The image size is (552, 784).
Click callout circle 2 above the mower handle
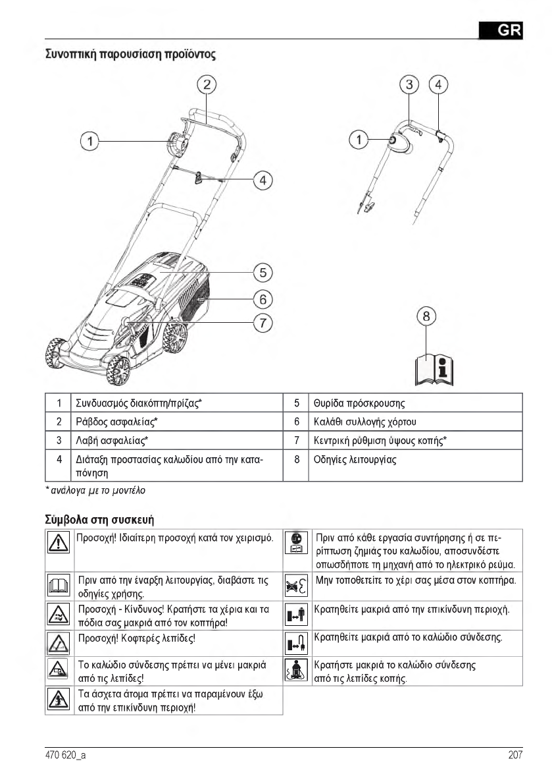tap(207, 84)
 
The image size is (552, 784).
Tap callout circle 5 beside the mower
tap(263, 271)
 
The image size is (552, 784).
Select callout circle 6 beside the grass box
tap(263, 298)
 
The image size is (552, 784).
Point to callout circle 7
tap(263, 323)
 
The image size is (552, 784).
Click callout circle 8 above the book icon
tap(427, 317)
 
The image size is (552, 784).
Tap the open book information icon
tap(434, 369)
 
